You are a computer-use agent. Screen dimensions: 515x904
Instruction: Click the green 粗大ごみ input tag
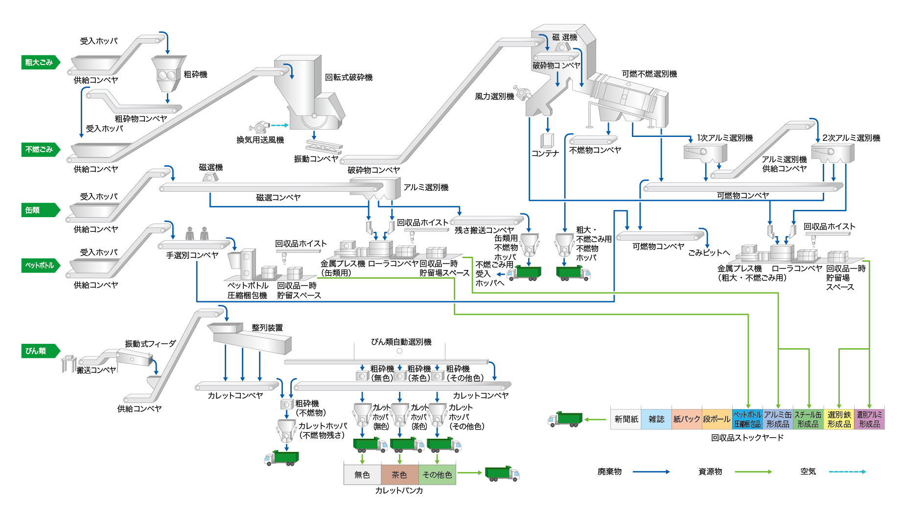(40, 63)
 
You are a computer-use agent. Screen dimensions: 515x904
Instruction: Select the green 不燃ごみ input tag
(40, 150)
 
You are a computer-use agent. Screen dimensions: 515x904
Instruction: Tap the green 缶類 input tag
(40, 210)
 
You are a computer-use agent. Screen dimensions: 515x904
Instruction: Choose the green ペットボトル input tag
(40, 266)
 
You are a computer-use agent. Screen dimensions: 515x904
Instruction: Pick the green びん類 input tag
(40, 351)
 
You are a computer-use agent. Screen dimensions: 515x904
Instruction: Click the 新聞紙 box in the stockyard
(626, 419)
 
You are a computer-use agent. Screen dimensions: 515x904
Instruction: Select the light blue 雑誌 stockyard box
(656, 419)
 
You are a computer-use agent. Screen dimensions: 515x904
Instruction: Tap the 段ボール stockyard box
(717, 419)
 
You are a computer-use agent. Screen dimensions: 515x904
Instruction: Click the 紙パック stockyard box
(687, 419)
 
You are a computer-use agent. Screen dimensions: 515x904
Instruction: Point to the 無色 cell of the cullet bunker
(362, 475)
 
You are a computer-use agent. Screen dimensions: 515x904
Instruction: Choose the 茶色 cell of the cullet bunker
(399, 475)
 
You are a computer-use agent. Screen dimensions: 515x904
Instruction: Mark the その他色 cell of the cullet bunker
(437, 475)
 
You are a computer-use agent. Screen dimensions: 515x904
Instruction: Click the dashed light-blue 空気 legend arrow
(847, 472)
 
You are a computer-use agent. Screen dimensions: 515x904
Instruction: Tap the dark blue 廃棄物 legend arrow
(651, 472)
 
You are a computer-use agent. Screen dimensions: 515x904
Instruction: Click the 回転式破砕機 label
(349, 77)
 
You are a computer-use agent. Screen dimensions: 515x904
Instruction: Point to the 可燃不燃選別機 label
(649, 74)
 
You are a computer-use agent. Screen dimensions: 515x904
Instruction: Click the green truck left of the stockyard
(566, 419)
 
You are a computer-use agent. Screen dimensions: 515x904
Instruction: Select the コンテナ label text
(545, 154)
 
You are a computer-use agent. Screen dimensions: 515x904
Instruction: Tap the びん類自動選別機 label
(401, 342)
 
